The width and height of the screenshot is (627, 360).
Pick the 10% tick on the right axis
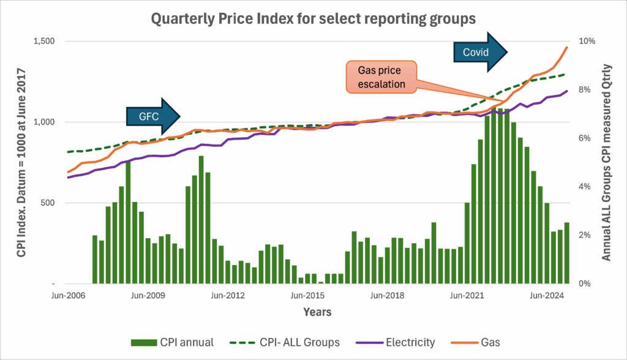(x=587, y=41)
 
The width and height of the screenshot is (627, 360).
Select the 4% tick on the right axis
(x=585, y=187)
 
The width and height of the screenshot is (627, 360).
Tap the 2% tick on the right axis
(x=585, y=235)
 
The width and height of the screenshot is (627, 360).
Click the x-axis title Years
(x=317, y=312)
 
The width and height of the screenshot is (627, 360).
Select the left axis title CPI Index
(x=21, y=162)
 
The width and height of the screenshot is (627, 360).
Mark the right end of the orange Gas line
(x=566, y=47)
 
